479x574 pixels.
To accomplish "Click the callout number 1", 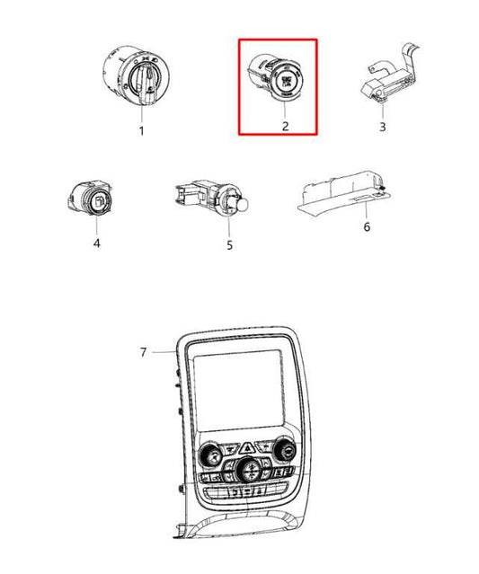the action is tap(142, 130).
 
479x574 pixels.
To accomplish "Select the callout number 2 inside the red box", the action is tap(285, 126).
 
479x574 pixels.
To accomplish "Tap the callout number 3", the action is tap(382, 127).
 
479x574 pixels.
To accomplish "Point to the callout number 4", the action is tap(97, 243).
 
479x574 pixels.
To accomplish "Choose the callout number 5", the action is tap(229, 245).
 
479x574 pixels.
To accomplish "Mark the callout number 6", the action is tap(367, 227).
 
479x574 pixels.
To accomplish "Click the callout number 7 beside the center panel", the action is tap(143, 352).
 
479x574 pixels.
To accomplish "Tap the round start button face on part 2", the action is tap(285, 79).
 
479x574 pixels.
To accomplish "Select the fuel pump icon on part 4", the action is tap(99, 201).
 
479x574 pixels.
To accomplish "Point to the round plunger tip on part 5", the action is tap(244, 204).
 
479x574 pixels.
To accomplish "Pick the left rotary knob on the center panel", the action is tap(210, 455).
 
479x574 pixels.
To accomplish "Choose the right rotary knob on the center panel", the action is tap(286, 448).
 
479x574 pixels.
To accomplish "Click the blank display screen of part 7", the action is tap(239, 391).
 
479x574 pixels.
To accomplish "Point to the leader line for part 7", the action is tap(164, 352).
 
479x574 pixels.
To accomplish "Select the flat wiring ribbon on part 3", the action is tap(410, 62).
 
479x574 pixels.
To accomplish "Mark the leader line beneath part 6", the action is tap(366, 210).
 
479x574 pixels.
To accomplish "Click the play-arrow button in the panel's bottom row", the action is tap(235, 492).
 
